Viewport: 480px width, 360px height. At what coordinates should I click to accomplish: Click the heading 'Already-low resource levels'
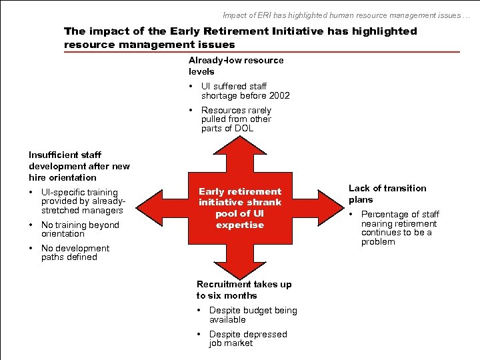(236, 65)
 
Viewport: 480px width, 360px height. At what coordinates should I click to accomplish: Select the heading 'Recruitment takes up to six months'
(244, 290)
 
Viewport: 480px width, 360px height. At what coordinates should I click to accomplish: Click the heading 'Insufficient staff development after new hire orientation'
(79, 166)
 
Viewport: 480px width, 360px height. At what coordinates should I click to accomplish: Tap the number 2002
(279, 95)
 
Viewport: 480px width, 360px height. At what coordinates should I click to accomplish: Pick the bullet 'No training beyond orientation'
(79, 229)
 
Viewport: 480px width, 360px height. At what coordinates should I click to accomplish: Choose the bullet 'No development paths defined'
(75, 253)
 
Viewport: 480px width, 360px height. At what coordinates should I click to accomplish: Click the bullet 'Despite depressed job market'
(247, 339)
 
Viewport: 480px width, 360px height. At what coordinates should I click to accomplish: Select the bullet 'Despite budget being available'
(253, 315)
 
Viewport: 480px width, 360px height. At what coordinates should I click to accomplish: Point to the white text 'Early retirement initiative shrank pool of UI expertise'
(240, 208)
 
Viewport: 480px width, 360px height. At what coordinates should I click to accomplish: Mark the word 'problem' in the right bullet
(378, 241)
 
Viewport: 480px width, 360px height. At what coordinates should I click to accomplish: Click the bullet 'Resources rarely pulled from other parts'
(236, 119)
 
